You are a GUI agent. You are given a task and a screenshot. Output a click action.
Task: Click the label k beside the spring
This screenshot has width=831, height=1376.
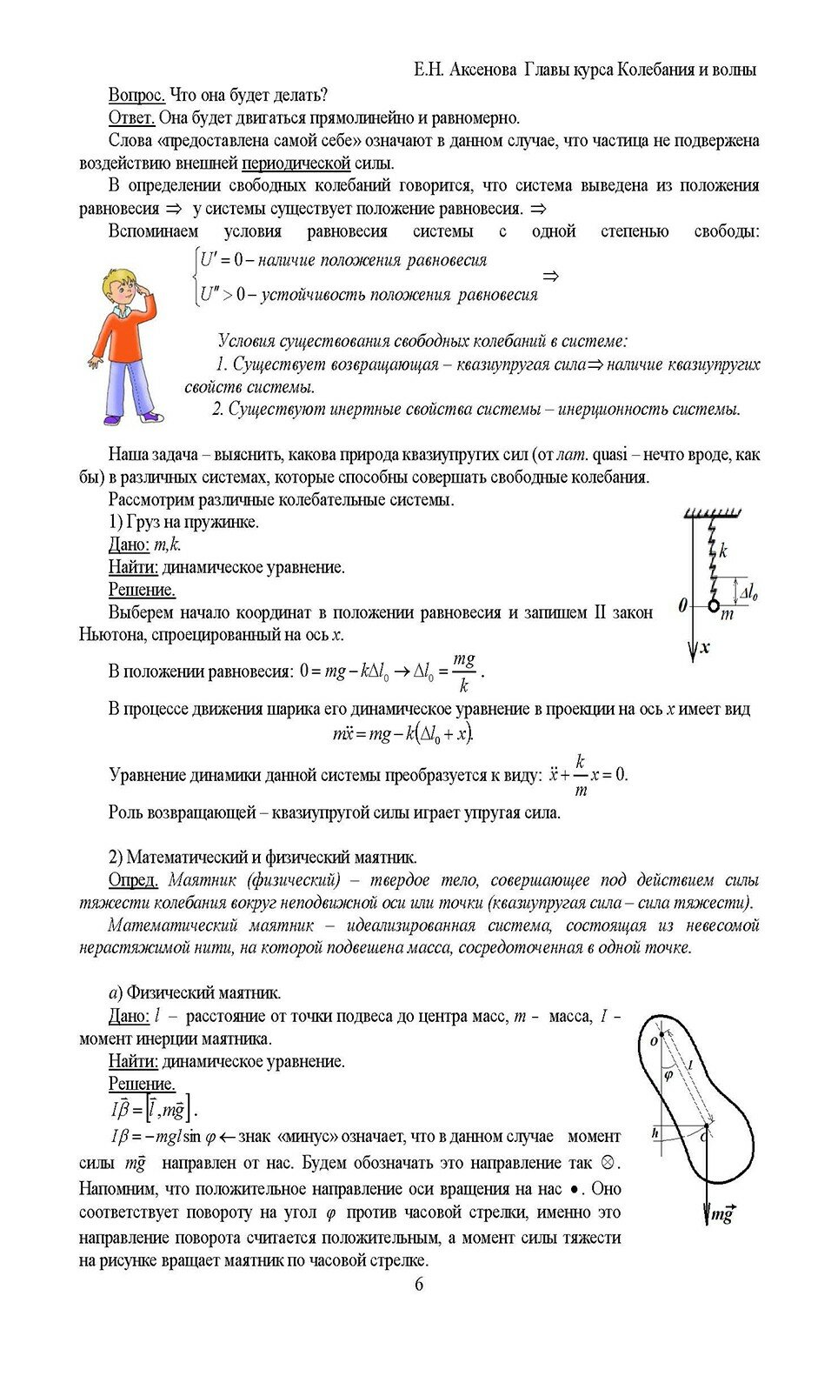tap(723, 551)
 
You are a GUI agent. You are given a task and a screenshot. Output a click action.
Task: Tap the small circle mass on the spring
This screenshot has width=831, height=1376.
tap(713, 605)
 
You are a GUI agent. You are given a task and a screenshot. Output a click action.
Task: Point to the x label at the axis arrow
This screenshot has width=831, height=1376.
tap(706, 647)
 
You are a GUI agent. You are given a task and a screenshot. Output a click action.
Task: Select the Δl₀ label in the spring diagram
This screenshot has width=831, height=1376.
tap(748, 595)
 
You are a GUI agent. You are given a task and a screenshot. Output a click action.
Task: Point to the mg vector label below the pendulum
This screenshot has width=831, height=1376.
tap(721, 1214)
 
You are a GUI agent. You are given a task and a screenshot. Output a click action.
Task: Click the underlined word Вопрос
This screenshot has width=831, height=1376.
tap(136, 95)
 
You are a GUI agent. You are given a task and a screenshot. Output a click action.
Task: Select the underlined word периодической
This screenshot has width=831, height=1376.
tap(296, 163)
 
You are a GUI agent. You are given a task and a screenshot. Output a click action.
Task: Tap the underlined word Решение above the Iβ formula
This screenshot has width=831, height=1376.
tap(142, 1084)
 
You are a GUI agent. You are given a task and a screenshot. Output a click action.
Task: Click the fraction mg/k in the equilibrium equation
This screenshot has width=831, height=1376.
tap(463, 671)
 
